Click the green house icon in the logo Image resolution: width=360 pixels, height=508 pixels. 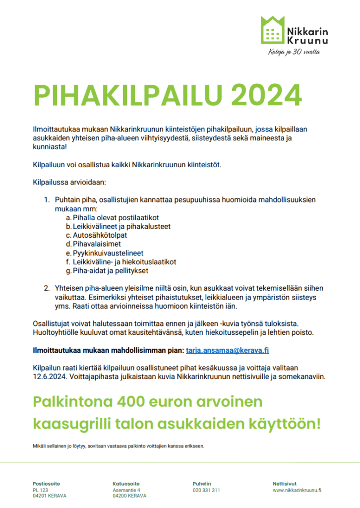(271, 30)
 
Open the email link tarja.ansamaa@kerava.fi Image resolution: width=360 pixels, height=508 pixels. (227, 350)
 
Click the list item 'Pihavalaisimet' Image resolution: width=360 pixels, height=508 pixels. (97, 244)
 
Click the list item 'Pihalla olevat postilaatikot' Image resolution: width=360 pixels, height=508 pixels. (116, 217)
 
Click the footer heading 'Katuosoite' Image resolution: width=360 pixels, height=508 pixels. (126, 484)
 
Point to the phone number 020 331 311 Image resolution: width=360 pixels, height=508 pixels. (206, 490)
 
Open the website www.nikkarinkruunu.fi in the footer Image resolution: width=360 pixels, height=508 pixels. (297, 490)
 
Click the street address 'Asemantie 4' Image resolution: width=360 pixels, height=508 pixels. (126, 490)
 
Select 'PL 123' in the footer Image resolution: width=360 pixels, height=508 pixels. (40, 490)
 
